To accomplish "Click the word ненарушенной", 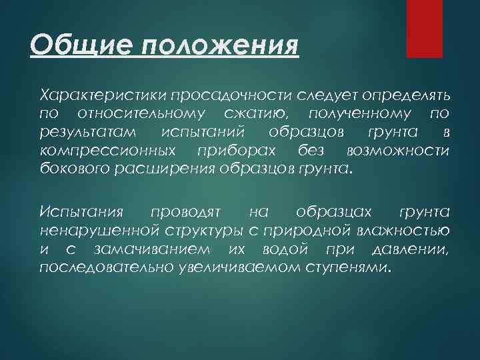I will tap(99, 231).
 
